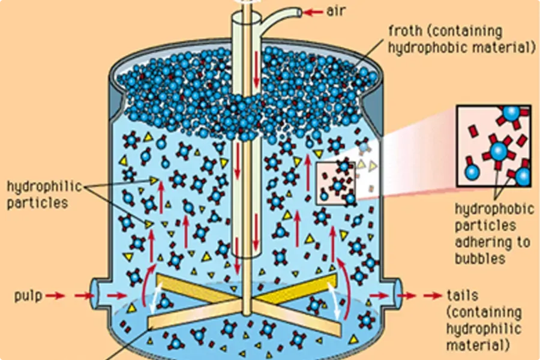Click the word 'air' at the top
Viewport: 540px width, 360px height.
point(337,11)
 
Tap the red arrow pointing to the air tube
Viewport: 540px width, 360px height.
point(314,11)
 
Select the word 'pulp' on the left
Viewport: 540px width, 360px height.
point(28,295)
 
